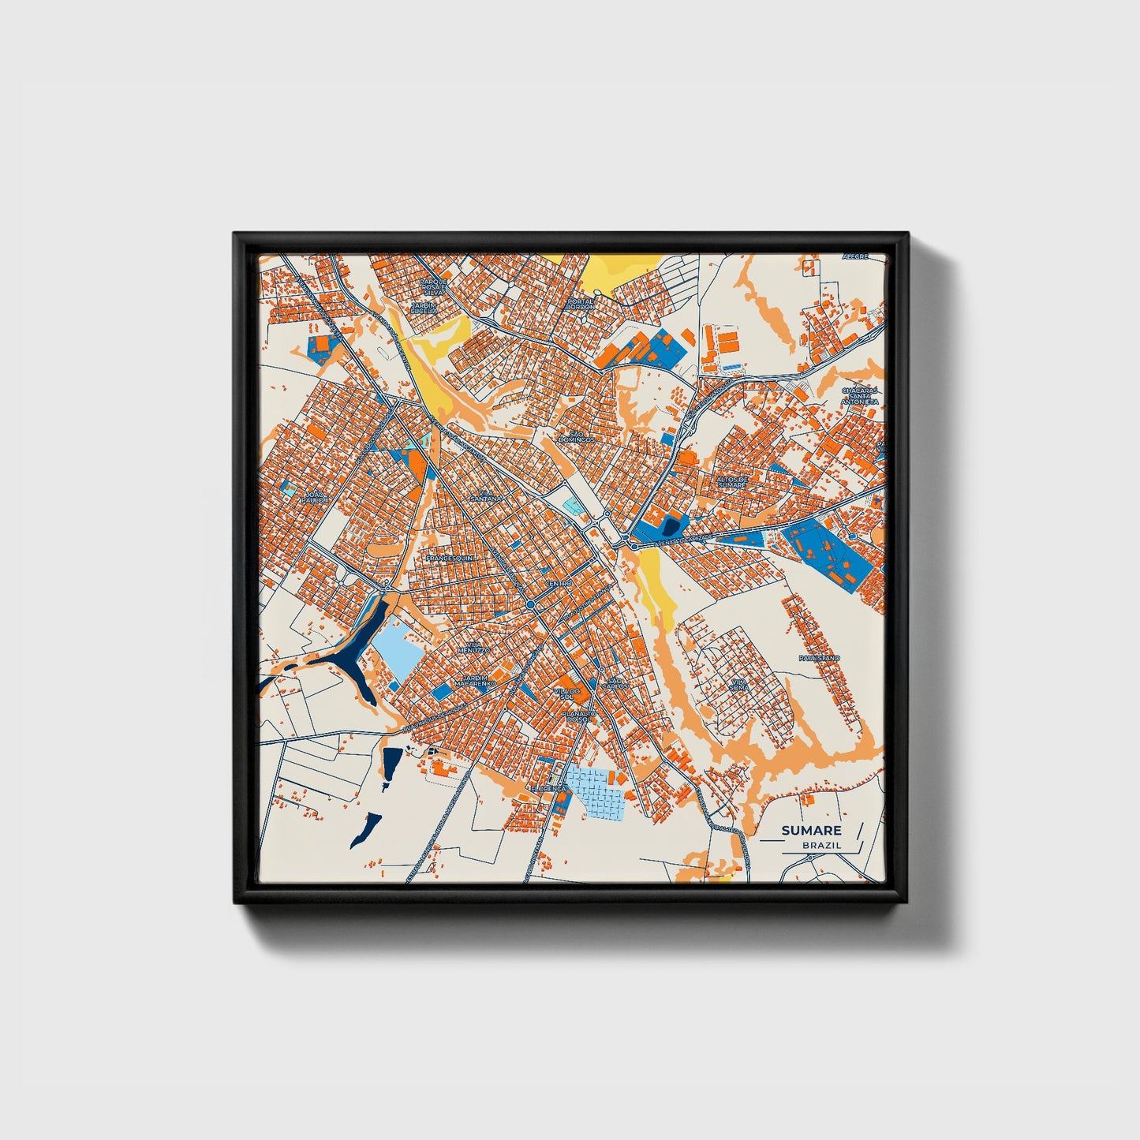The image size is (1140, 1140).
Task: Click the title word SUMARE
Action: (811, 830)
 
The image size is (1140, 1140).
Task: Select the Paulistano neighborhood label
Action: (819, 657)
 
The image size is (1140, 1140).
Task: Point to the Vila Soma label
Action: (739, 685)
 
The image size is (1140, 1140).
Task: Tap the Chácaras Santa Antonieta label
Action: (859, 395)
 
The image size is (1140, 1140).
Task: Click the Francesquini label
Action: (449, 558)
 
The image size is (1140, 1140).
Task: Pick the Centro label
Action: (558, 583)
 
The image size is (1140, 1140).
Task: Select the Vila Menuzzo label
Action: (478, 646)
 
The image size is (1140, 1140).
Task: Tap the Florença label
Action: (548, 788)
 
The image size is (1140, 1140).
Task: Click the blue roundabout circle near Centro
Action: (530, 604)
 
